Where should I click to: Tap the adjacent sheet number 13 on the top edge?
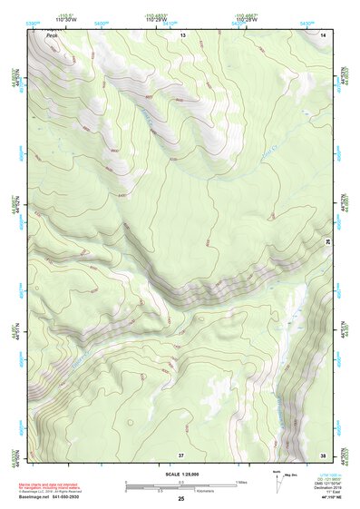[182, 34]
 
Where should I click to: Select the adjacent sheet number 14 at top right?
[323, 34]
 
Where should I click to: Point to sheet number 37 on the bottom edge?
[181, 454]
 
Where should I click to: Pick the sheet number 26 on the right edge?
[328, 241]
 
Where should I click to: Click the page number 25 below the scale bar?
[180, 499]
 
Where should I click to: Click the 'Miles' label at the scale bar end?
[242, 481]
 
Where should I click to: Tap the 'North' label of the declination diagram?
[276, 472]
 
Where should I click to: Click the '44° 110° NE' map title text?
[333, 498]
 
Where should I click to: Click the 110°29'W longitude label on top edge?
[158, 20]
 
